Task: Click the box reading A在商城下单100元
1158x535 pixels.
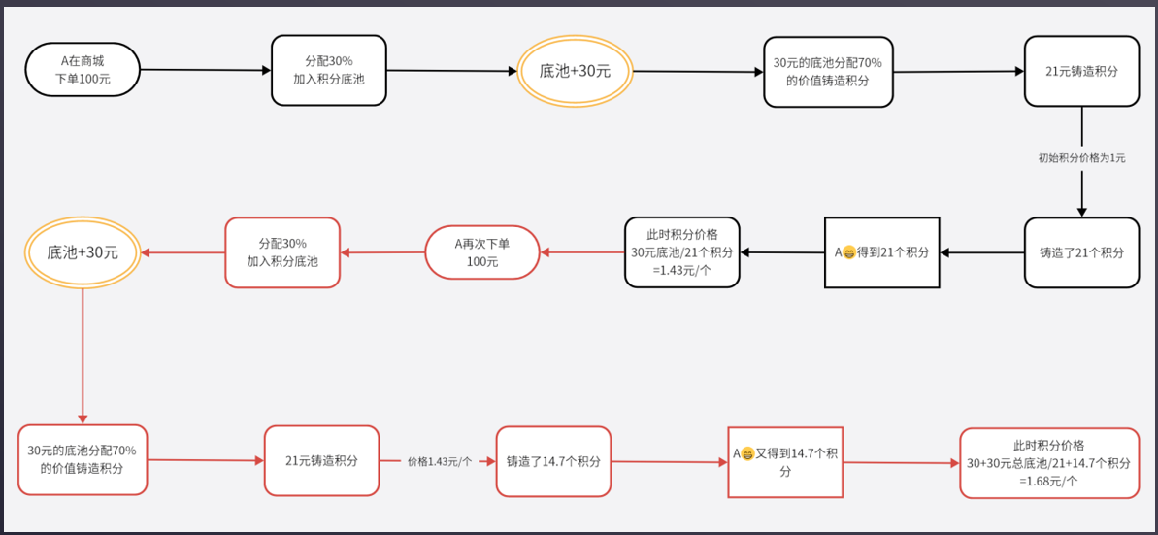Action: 83,69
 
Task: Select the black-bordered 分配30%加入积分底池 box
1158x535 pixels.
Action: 328,70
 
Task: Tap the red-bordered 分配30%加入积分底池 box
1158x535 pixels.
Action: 282,252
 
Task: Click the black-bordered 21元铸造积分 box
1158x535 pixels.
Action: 1081,71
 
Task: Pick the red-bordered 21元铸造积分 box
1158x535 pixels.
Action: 321,460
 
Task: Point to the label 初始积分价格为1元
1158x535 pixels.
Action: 1081,157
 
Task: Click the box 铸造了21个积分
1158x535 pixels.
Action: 1081,252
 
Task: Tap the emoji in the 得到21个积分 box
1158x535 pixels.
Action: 849,252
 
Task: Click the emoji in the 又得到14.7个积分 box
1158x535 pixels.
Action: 747,453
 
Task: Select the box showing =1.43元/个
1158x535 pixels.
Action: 681,252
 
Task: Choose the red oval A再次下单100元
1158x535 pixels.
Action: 482,252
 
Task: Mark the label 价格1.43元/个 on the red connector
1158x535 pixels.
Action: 439,461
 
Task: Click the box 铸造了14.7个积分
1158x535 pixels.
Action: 553,461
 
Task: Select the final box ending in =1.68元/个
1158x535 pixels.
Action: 1048,463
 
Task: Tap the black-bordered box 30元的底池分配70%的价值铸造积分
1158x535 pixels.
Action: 828,71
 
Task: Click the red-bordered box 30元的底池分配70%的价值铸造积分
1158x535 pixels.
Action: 83,459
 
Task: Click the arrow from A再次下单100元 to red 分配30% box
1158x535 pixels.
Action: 382,252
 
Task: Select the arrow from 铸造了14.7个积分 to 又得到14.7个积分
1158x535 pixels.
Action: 670,462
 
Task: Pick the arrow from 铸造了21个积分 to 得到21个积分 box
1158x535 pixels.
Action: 981,252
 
